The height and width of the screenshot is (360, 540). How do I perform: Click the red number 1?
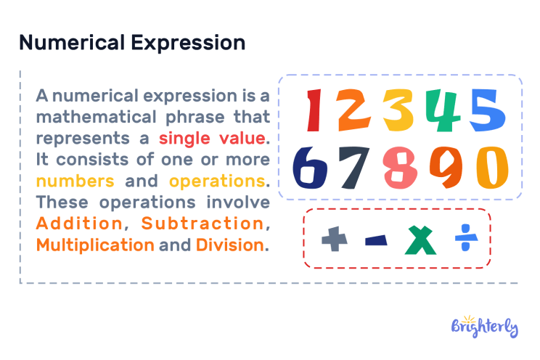[314, 111]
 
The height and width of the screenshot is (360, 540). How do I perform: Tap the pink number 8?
[400, 167]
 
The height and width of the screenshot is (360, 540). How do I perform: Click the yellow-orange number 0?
[491, 167]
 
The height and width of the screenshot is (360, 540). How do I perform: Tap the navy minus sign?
[376, 240]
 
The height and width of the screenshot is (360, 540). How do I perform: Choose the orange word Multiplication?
[95, 245]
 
